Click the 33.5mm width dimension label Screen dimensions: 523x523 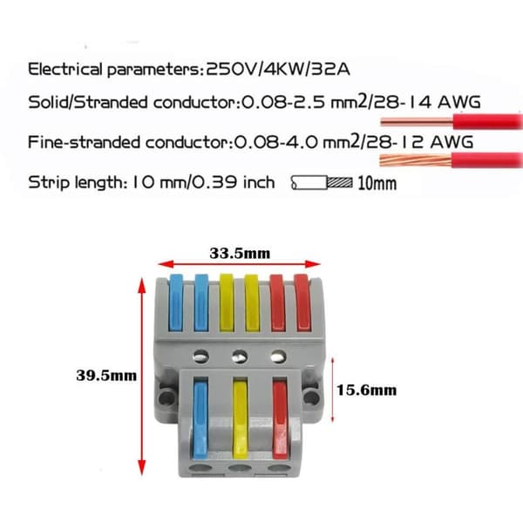point(240,254)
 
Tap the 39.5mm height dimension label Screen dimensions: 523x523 point(106,376)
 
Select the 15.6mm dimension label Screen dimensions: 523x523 point(367,391)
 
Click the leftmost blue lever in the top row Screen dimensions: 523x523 point(176,302)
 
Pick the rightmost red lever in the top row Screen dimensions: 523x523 point(302,302)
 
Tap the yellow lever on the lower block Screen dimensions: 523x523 point(241,420)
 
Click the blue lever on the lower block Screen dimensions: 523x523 point(200,420)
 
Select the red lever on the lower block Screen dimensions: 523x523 point(280,420)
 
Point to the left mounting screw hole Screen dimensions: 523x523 point(166,397)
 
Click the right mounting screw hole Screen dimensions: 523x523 point(312,397)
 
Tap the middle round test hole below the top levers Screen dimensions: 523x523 point(240,357)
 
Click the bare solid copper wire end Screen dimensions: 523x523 point(417,122)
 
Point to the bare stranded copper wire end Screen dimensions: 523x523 point(416,160)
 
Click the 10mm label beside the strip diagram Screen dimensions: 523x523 point(377,183)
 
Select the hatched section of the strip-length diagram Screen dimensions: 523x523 point(340,182)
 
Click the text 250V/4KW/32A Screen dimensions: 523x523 point(279,70)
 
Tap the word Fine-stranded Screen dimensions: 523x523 point(84,142)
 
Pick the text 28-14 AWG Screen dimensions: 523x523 point(427,102)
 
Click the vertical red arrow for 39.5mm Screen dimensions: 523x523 point(142,377)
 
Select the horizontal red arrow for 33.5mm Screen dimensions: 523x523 point(239,264)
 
